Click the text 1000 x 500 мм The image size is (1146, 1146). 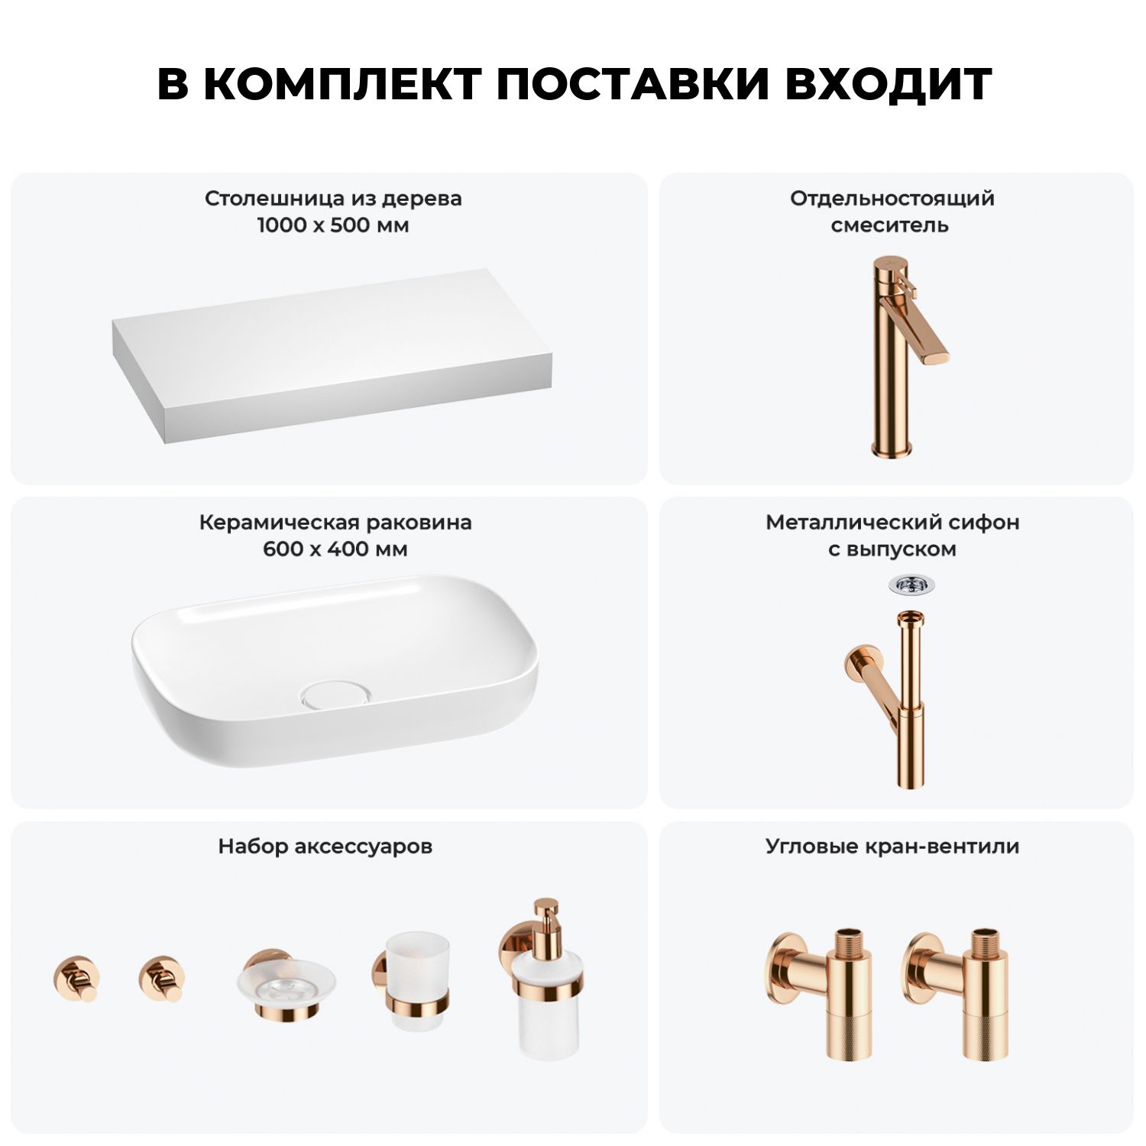333,225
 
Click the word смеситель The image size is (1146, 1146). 890,225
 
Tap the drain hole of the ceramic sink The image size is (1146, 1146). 335,694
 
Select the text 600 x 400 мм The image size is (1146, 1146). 335,549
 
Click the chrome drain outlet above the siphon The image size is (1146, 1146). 911,585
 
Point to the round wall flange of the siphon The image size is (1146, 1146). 859,662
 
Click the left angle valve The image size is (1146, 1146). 818,993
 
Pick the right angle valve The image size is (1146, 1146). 955,993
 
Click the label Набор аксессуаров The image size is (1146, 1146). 325,847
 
